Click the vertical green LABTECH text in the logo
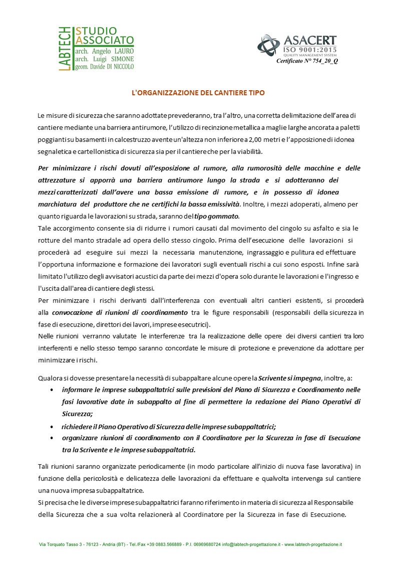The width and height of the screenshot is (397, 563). [x=65, y=49]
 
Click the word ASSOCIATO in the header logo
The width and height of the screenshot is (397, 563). [x=105, y=40]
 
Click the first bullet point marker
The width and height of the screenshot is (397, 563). [x=53, y=390]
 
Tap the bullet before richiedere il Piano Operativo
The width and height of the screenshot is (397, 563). [x=53, y=426]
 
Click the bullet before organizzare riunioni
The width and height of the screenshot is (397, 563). [x=53, y=438]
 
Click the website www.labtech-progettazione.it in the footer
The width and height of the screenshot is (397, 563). [x=313, y=544]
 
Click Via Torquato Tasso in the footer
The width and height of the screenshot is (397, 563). [x=57, y=544]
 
